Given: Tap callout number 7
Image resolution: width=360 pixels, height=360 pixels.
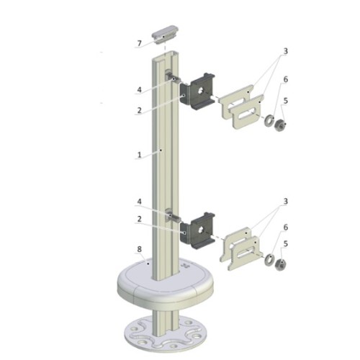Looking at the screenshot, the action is click(140, 43).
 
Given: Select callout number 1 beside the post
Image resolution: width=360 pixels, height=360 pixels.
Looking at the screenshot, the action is click(140, 155).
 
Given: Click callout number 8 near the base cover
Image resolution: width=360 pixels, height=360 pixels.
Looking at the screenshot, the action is click(140, 249).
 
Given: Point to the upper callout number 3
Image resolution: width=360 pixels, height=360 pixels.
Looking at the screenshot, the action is click(285, 51).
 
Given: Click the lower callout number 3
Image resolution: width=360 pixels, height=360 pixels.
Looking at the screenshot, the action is click(285, 201).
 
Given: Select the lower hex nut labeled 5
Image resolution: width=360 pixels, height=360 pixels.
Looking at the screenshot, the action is click(280, 264).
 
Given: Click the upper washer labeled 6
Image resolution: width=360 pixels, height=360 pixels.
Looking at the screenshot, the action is click(269, 120).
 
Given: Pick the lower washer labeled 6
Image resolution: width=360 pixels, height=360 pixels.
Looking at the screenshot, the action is click(269, 259).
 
